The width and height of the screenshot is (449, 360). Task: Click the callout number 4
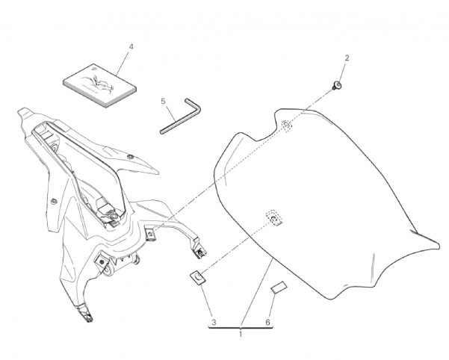131,46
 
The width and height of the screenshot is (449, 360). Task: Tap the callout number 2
347,58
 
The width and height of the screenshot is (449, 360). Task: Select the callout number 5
163,102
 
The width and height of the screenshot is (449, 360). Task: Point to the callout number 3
214,323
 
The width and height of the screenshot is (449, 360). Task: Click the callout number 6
267,323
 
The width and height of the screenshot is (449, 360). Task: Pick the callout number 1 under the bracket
241,335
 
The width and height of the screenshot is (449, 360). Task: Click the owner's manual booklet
99,86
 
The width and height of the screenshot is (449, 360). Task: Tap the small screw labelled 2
337,85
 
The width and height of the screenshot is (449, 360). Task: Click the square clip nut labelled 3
197,277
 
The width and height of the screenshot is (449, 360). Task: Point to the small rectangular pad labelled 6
279,288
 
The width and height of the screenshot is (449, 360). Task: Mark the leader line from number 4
124,63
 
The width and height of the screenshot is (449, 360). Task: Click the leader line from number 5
170,113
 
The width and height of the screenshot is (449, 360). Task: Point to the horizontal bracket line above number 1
241,328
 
